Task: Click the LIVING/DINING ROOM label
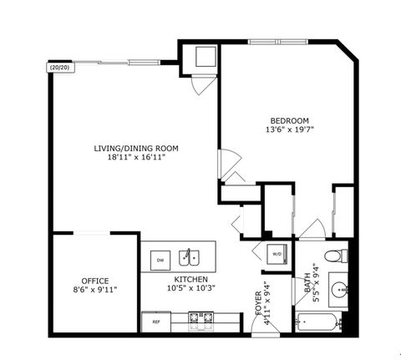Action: [136, 148]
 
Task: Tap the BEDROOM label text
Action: [287, 119]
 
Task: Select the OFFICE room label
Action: [94, 280]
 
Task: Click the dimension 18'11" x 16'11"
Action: [136, 157]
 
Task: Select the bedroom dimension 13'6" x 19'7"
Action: [287, 129]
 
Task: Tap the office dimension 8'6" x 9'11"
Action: [94, 290]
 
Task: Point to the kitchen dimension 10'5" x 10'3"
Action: [190, 288]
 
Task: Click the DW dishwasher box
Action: [160, 260]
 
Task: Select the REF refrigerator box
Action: [155, 320]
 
